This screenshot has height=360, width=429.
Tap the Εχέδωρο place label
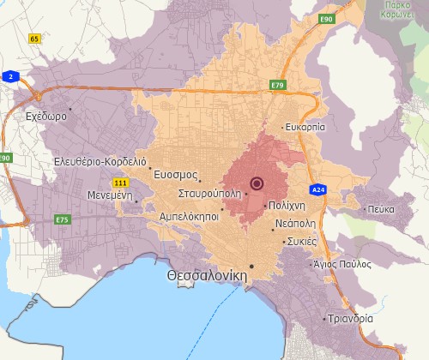tap(46, 116)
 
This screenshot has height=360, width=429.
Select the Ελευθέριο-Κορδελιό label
tap(100, 161)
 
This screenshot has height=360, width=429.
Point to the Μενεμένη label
tap(107, 195)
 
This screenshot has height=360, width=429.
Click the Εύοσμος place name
tap(174, 174)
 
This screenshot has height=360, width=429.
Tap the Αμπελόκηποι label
tap(189, 217)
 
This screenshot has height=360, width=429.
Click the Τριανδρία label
tap(350, 318)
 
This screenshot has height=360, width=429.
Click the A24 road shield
tap(318, 189)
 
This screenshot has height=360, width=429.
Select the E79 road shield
tap(276, 86)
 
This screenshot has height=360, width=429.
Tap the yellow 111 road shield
tap(121, 183)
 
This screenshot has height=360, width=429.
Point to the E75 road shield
tap(62, 220)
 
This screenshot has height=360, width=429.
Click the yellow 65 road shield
tap(34, 39)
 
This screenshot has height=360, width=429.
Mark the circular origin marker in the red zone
tap(257, 183)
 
